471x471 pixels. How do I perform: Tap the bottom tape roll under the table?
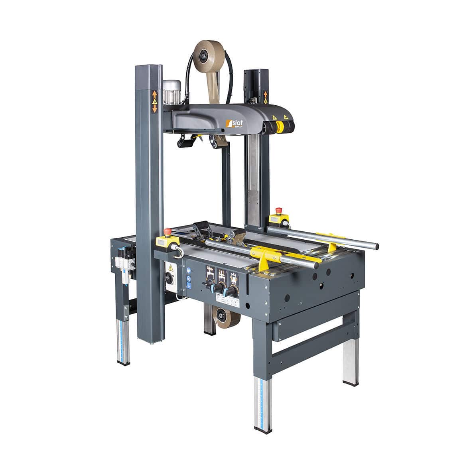point(229,318)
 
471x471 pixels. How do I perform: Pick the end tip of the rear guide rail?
point(376,246)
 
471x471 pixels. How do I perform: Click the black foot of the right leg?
point(350,383)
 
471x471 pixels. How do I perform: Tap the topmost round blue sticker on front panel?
point(189,269)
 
